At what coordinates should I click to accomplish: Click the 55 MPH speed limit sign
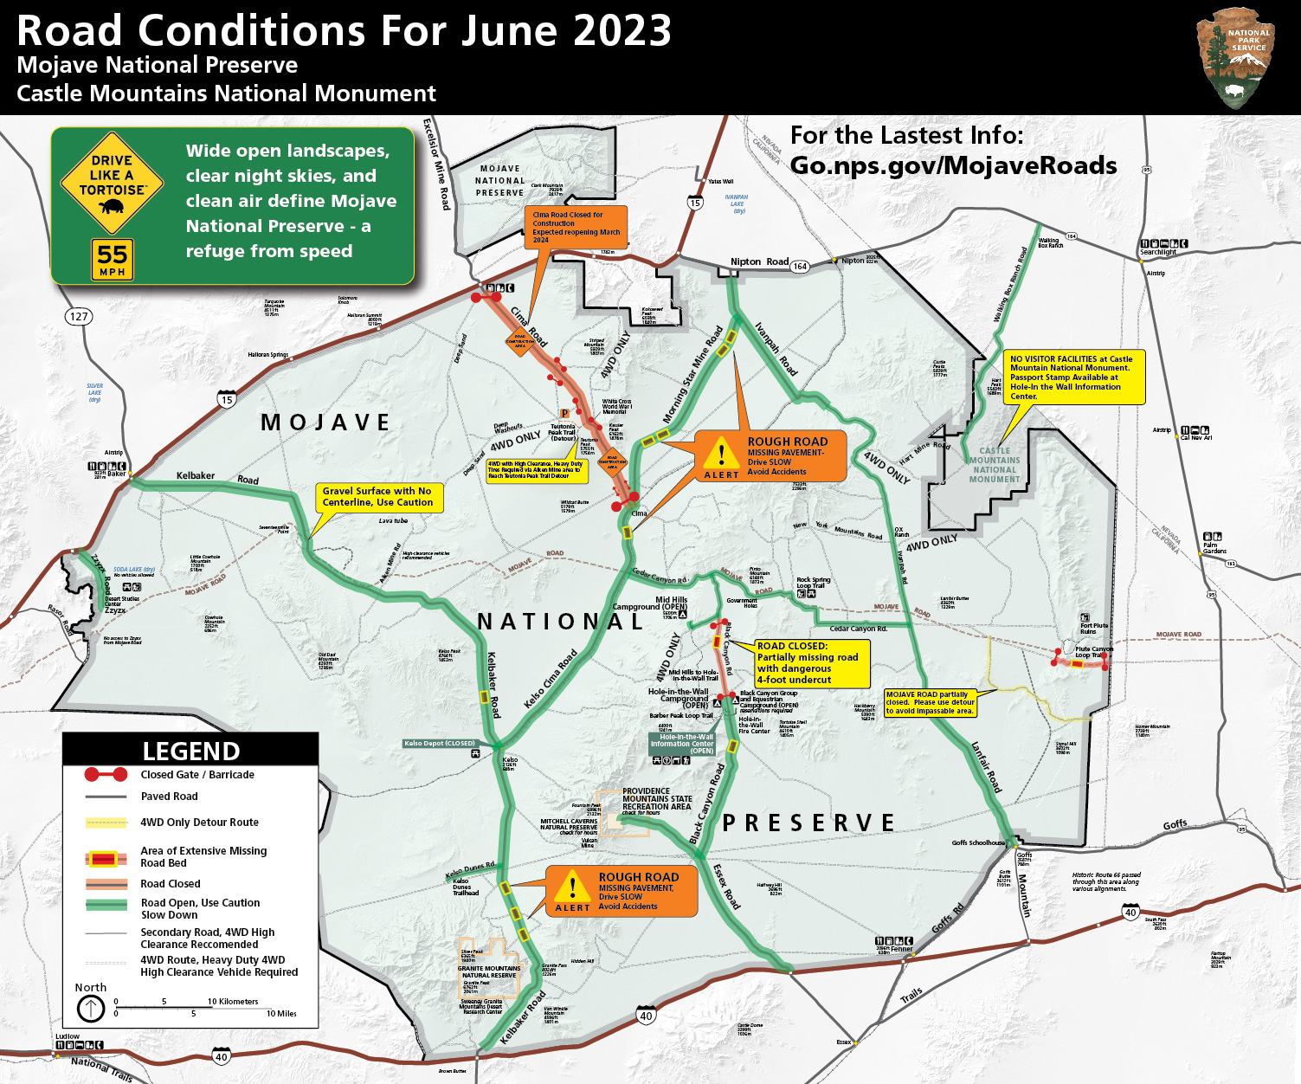(113, 260)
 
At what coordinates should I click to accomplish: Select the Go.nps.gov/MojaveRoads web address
(953, 165)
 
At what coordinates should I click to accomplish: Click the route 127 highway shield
(79, 316)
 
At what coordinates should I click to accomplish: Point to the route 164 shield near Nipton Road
(800, 266)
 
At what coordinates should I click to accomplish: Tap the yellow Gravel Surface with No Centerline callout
(378, 497)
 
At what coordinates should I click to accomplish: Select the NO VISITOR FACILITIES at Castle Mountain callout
(1073, 377)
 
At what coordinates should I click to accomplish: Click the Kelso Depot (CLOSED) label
(440, 743)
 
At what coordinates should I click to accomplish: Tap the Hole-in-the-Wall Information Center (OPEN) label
(682, 744)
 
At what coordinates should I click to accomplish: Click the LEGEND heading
(190, 750)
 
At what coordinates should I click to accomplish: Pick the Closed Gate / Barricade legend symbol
(106, 774)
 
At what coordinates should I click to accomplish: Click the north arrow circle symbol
(91, 1008)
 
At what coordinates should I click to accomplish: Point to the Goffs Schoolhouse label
(978, 842)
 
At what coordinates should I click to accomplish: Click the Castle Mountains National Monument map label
(995, 465)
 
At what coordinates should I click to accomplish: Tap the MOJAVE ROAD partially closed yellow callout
(931, 702)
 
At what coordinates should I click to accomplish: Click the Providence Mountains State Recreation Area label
(656, 799)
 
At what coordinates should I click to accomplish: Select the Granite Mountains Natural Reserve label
(489, 971)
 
